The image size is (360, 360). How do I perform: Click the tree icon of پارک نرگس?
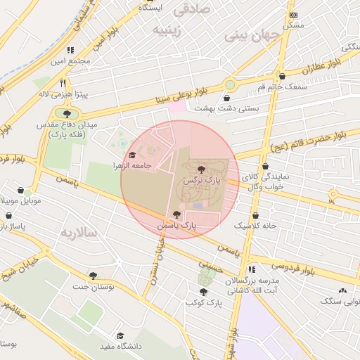pyautogui.click(x=202, y=169)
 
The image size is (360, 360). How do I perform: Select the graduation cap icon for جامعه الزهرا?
pyautogui.click(x=131, y=155)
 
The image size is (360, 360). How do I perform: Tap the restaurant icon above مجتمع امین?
pyautogui.click(x=70, y=51)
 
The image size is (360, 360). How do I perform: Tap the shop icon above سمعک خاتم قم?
pyautogui.click(x=282, y=76)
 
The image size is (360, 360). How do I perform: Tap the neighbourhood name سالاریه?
pyautogui.click(x=77, y=232)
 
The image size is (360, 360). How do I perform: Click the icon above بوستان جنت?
pyautogui.click(x=92, y=276)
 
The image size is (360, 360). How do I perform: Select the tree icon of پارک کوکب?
pyautogui.click(x=203, y=292)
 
